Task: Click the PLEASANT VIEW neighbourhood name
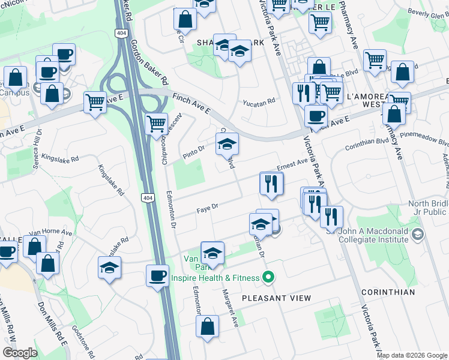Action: click(277, 298)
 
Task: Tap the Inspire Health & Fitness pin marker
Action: click(269, 277)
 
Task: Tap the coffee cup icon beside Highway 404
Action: click(158, 276)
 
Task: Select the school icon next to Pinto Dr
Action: click(227, 144)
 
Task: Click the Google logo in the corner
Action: click(20, 353)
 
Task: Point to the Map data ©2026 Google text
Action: click(412, 355)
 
